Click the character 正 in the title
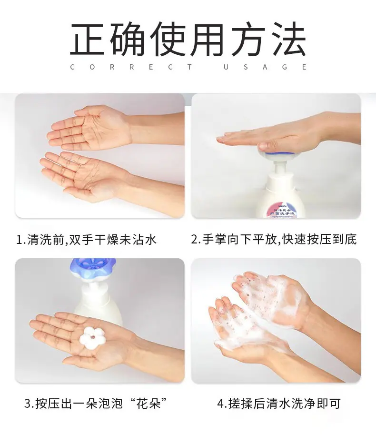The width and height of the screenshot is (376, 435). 87,39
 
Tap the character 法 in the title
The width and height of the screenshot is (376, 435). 288,39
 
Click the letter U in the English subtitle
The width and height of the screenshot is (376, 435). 226,67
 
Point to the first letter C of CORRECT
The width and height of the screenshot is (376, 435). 73,67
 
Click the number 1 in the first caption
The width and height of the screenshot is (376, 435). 20,240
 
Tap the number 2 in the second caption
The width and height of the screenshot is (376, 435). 195,240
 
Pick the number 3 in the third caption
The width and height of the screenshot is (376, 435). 28,404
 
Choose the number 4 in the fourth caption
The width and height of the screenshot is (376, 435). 221,404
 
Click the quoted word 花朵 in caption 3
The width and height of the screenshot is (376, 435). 148,404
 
